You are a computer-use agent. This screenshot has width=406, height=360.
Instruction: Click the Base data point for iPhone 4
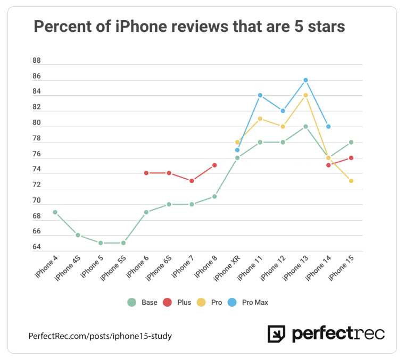point(55,212)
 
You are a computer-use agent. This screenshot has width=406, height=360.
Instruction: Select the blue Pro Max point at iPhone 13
point(305,80)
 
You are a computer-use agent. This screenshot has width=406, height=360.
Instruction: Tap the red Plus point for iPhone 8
point(214,165)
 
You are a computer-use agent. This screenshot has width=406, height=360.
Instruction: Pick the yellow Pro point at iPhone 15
point(351,181)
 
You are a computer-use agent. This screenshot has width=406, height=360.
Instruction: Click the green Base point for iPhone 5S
point(123,243)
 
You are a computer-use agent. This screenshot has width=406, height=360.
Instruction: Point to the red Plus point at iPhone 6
point(146,173)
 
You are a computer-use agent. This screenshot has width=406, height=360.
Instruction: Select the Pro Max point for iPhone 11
point(260,95)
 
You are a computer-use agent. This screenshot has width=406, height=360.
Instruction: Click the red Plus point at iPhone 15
point(351,157)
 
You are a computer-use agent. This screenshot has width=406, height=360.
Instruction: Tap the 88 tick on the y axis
point(37,61)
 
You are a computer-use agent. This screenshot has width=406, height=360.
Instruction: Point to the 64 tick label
point(37,247)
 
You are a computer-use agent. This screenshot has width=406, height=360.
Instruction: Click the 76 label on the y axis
point(37,154)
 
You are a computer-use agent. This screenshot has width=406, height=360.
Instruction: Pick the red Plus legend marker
point(168,303)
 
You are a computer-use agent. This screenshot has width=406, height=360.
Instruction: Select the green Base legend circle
point(131,303)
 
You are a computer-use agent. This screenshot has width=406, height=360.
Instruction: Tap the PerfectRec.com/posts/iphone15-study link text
point(100,336)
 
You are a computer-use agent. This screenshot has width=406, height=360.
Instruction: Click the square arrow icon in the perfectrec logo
point(276,334)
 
